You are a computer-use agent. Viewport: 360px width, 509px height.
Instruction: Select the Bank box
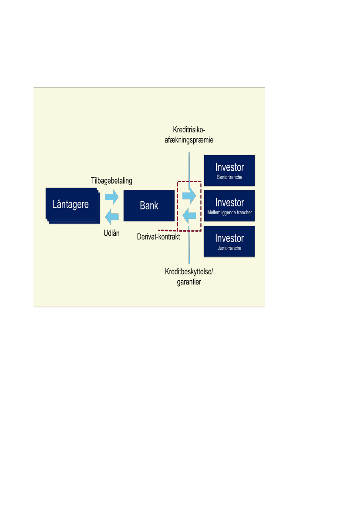[x=149, y=206]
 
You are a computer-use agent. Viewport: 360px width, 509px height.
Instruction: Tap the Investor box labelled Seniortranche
[x=229, y=170]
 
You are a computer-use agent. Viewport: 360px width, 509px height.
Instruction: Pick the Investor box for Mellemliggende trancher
[x=229, y=206]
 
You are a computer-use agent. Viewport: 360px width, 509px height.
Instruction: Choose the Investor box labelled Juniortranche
[x=229, y=242]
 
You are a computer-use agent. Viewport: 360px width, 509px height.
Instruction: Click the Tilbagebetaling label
[x=111, y=181]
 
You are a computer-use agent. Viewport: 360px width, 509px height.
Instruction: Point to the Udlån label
[x=111, y=233]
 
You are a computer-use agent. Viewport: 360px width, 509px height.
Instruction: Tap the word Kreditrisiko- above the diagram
[x=188, y=130]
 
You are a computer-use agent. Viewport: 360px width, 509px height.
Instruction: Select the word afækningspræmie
[x=188, y=140]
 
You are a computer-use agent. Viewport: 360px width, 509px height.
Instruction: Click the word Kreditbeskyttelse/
[x=189, y=272]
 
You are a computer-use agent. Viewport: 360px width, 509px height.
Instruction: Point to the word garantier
[x=188, y=282]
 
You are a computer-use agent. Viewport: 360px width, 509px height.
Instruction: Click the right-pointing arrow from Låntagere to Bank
[x=112, y=196]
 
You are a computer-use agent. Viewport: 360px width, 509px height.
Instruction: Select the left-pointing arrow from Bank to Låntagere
[x=112, y=215]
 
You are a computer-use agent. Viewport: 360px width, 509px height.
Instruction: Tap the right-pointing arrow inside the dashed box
[x=189, y=196]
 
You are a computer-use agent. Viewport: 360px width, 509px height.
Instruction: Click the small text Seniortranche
[x=229, y=177]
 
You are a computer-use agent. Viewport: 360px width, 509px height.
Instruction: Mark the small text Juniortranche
[x=229, y=249]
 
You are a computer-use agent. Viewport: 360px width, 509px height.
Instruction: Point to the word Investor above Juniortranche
[x=229, y=238]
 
